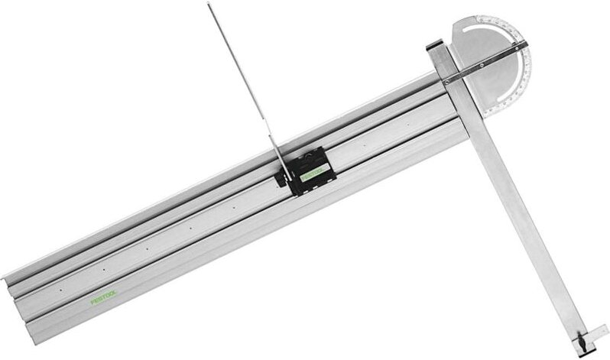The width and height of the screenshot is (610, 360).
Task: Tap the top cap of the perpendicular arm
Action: click(x=436, y=48)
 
